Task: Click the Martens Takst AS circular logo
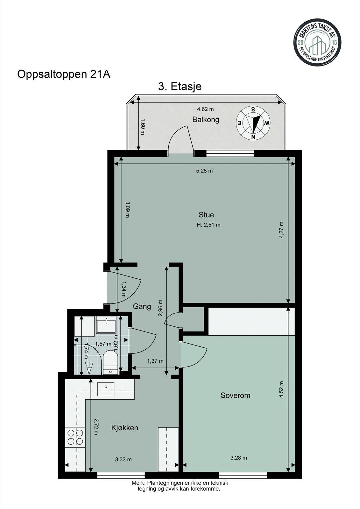pos(317,43)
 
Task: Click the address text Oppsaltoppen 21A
pos(64,74)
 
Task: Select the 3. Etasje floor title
pos(180,87)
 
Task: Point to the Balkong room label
pos(206,120)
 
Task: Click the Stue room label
pos(206,215)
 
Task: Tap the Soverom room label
pos(235,395)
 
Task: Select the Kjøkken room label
pos(125,428)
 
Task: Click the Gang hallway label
pos(142,307)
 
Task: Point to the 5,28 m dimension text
pos(204,171)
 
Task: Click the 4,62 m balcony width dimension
pos(205,109)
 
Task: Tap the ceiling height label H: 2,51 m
pos(208,225)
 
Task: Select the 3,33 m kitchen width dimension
pos(123,459)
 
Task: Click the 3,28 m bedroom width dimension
pos(238,458)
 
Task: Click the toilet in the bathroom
pos(110,362)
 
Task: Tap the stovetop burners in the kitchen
pos(75,437)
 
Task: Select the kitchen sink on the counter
pos(106,389)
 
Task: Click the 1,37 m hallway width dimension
pos(155,361)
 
